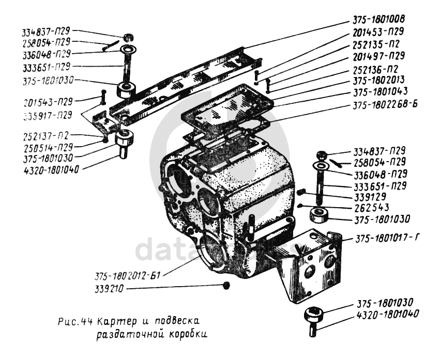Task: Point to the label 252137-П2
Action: point(45,136)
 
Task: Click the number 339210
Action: point(108,288)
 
